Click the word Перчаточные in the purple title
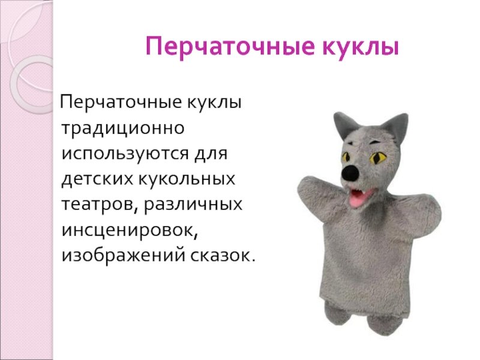pos(230,47)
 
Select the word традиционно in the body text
pos(123,128)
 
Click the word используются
pos(125,154)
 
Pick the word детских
pos(97,179)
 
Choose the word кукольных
pos(187,178)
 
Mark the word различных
pos(193,204)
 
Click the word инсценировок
pos(130,230)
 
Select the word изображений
pos(123,256)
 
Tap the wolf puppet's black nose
pos(350,172)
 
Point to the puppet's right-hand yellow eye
pos(378,158)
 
